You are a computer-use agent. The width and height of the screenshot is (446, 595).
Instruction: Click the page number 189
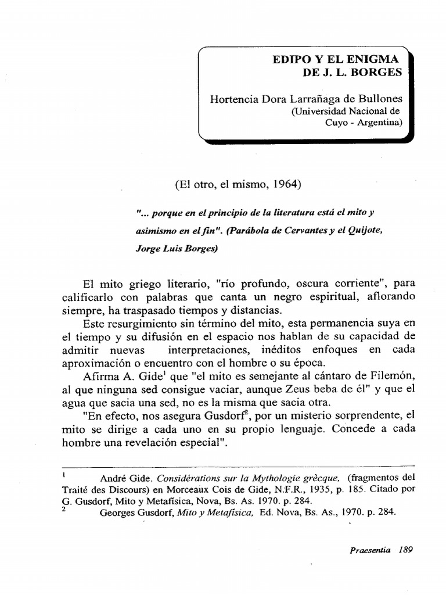coord(405,550)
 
